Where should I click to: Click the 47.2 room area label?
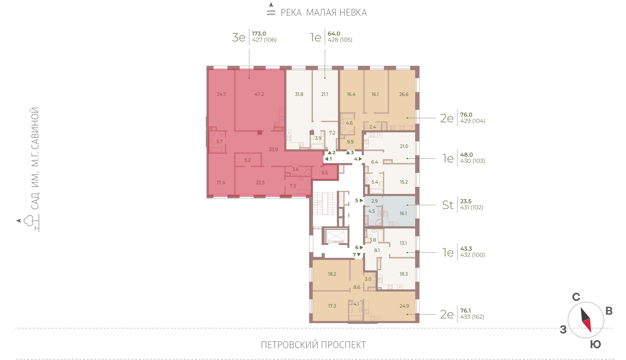pyautogui.click(x=259, y=94)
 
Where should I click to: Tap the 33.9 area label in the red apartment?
pyautogui.click(x=273, y=149)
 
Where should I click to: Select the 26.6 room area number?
pyautogui.click(x=403, y=94)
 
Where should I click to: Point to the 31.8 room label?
pyautogui.click(x=299, y=94)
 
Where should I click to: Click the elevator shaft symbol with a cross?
pyautogui.click(x=335, y=237)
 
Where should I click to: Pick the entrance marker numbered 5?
pyautogui.click(x=359, y=200)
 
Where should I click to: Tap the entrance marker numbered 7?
pyautogui.click(x=356, y=255)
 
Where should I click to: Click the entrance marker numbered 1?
pyautogui.click(x=328, y=159)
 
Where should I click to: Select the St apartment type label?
pyautogui.click(x=448, y=205)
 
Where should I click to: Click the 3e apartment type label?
pyautogui.click(x=239, y=37)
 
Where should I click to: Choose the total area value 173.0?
pyautogui.click(x=259, y=34)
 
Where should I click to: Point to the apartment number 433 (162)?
pyautogui.click(x=472, y=317)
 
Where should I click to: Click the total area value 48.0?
pyautogui.click(x=466, y=155)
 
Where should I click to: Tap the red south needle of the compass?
pyautogui.click(x=587, y=325)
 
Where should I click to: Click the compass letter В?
pyautogui.click(x=609, y=311)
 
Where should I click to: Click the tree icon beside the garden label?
pyautogui.click(x=29, y=221)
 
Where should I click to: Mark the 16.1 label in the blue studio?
pyautogui.click(x=403, y=213)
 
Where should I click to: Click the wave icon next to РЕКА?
pyautogui.click(x=271, y=13)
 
